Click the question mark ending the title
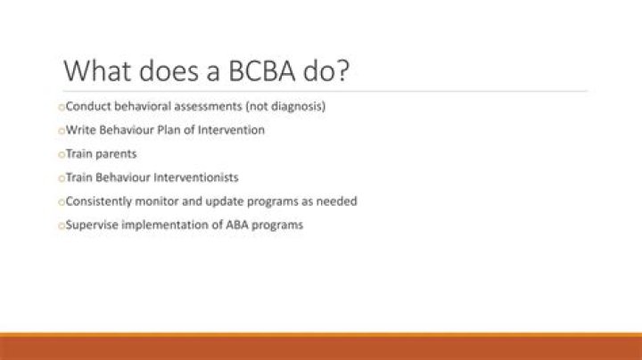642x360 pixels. [x=336, y=70]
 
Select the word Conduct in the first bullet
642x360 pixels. [x=88, y=106]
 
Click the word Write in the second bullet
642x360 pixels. [x=80, y=130]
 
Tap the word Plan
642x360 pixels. [x=177, y=130]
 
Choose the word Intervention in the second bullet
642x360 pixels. [x=234, y=130]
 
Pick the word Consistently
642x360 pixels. [x=100, y=201]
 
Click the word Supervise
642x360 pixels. [x=94, y=225]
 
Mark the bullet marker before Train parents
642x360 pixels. [x=62, y=154]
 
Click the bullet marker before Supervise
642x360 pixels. [x=62, y=225]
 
